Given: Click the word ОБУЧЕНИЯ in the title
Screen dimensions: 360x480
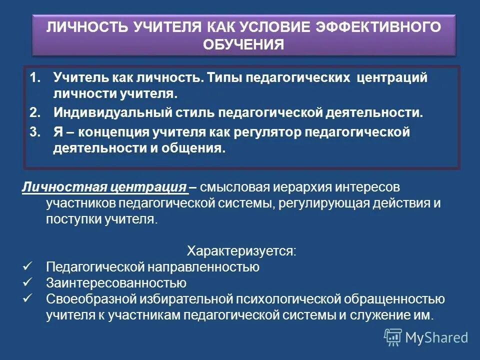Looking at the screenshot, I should point(243,44).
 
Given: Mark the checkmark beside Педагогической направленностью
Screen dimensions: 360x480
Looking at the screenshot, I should point(28,266).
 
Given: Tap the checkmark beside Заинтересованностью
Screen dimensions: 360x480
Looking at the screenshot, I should point(28,282).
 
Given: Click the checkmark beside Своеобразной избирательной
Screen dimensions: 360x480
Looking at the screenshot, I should point(28,298).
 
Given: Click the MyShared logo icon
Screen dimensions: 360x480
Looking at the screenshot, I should point(393,337).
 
